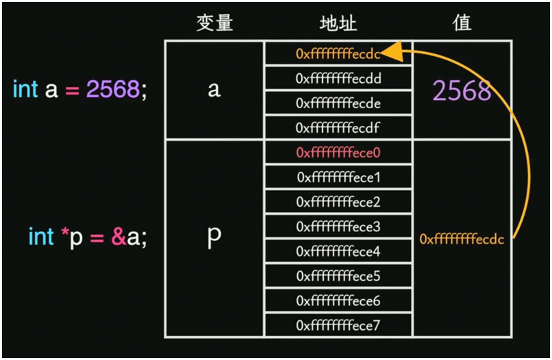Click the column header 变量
tap(214, 23)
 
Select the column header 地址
tap(338, 23)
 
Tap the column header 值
tap(462, 23)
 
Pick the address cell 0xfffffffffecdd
tap(338, 78)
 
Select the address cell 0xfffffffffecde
tap(338, 103)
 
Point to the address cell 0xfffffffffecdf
tap(338, 127)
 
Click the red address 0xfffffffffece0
tap(338, 153)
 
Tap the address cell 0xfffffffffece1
tap(338, 177)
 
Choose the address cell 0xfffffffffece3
tap(338, 227)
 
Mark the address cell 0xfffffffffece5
tap(338, 277)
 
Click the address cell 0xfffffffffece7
tap(338, 326)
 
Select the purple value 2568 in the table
tap(462, 90)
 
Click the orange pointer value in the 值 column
tap(462, 240)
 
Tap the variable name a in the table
tap(214, 90)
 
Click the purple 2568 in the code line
tap(113, 90)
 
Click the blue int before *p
tap(41, 237)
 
